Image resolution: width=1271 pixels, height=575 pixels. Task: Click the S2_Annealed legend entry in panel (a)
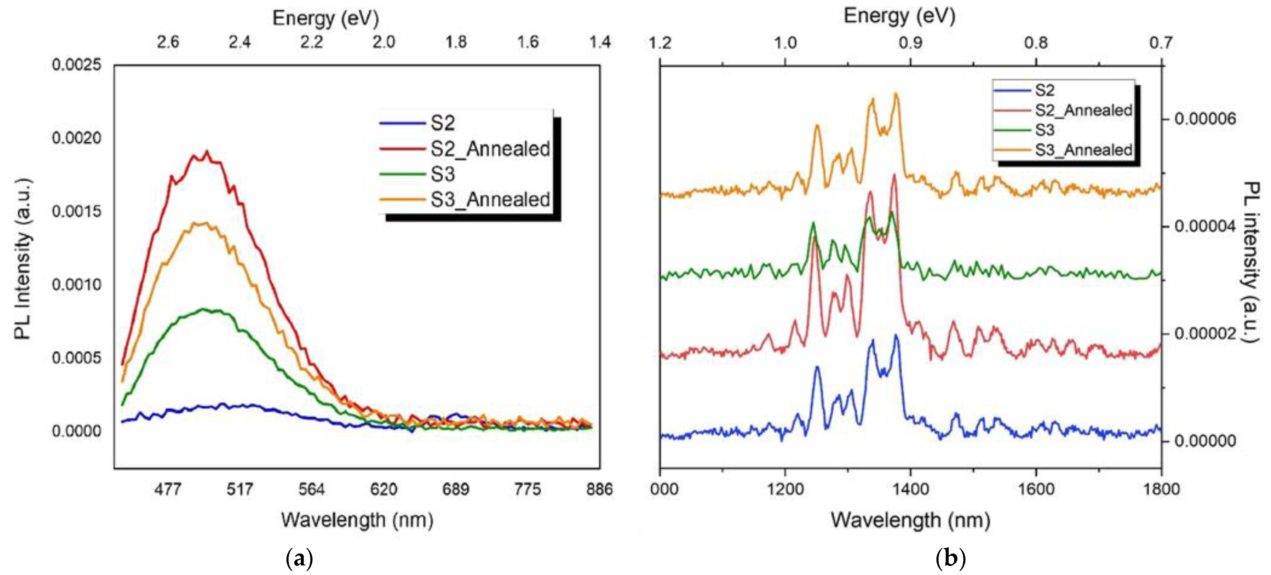[x=490, y=148]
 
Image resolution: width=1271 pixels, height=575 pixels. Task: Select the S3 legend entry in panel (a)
[x=442, y=174]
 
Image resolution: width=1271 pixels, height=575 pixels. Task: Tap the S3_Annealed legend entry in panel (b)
[x=1083, y=150]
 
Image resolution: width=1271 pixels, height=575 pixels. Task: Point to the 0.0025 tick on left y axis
[x=76, y=65]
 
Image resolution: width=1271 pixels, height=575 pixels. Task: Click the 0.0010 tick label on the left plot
[x=76, y=285]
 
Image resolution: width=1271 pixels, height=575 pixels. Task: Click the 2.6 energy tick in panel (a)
[x=168, y=42]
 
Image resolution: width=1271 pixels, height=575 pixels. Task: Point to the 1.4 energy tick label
[x=600, y=42]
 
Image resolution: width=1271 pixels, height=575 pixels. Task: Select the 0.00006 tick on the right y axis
[x=1205, y=119]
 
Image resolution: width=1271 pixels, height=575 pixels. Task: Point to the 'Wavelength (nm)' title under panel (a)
[x=357, y=520]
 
